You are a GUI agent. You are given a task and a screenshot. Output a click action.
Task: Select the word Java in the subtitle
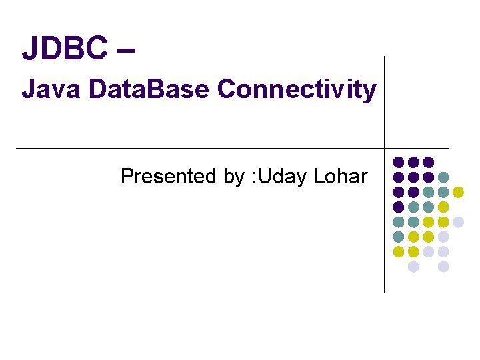44,89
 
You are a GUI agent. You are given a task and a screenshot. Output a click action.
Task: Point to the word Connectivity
297,89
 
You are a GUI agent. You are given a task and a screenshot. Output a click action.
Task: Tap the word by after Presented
234,177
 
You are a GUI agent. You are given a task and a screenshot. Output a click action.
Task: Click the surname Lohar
341,177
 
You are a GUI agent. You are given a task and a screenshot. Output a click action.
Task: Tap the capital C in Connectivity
227,89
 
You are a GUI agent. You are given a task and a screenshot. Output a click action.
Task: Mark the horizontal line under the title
200,148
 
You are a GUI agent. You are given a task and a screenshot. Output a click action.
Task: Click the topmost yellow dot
458,192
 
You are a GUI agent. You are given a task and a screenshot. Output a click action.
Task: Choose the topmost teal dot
443,177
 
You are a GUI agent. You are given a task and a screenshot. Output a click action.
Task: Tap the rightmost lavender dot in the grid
458,222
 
